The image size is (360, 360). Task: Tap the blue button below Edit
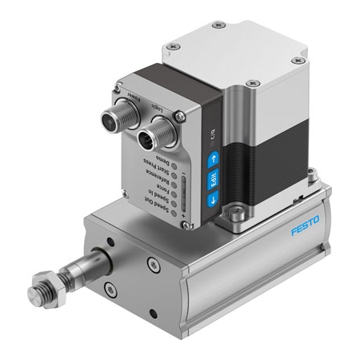(x=213, y=201)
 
